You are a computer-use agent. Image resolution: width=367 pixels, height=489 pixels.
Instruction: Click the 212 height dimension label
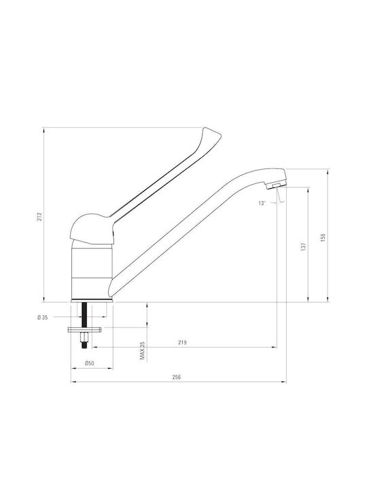pos(39,217)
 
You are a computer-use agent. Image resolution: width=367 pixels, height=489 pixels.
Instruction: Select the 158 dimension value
pos(323,237)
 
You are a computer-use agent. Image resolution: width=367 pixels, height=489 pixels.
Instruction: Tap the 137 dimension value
pos(304,247)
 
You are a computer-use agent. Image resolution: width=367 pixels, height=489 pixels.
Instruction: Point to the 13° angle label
pos(262,203)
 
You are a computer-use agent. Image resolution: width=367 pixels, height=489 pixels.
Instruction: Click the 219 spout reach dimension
pos(182,342)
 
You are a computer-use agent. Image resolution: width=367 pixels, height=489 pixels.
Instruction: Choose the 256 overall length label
pos(177,377)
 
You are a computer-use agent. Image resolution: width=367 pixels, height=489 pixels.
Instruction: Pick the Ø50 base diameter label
pos(90,363)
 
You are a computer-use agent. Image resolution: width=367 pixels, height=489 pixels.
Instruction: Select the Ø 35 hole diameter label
pos(42,318)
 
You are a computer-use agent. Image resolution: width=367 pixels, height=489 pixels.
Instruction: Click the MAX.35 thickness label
pos(143,351)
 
